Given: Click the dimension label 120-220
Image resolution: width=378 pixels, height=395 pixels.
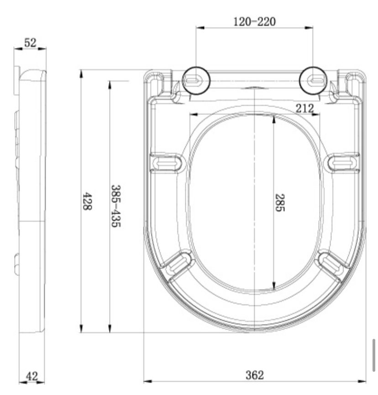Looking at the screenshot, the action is [254, 21].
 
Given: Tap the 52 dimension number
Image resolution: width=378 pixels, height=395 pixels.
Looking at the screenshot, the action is [30, 42].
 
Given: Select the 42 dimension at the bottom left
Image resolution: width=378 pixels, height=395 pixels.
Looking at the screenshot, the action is [32, 376].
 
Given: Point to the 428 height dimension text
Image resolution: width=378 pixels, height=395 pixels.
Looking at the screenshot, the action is [88, 201].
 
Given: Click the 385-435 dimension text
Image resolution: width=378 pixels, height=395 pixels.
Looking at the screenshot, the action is [116, 206].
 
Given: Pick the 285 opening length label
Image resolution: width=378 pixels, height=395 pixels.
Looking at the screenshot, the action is [280, 203].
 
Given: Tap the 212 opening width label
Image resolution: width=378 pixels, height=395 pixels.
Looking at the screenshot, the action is [304, 108].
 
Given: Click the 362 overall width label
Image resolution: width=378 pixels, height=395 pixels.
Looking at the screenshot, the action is [255, 375].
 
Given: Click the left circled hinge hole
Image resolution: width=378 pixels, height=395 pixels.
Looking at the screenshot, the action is [196, 81].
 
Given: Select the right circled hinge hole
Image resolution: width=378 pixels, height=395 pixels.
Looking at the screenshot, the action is [313, 81].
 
